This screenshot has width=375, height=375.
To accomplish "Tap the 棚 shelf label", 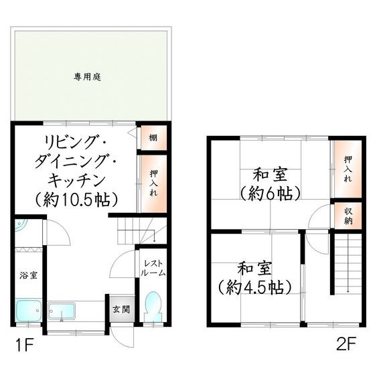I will coord(153,139).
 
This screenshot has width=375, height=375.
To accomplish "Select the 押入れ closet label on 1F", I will coord(153,183).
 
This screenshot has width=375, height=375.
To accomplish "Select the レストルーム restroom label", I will coord(153,269).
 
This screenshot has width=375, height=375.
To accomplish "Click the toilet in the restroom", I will coord(153,305).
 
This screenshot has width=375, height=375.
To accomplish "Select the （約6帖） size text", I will coord(270,192).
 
